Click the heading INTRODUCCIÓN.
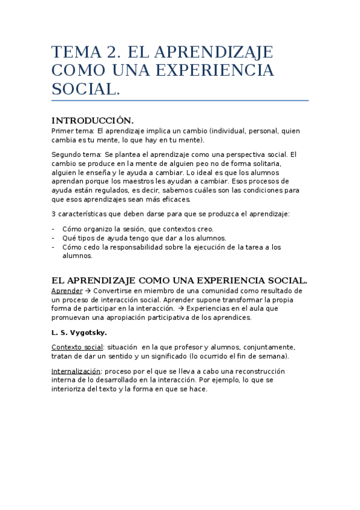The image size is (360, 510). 93,120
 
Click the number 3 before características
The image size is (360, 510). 54,215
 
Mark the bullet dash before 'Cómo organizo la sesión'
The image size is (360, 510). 53,229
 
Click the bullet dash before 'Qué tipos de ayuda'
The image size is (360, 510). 53,238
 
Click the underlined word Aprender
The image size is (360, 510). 67,290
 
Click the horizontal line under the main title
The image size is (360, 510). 180,100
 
